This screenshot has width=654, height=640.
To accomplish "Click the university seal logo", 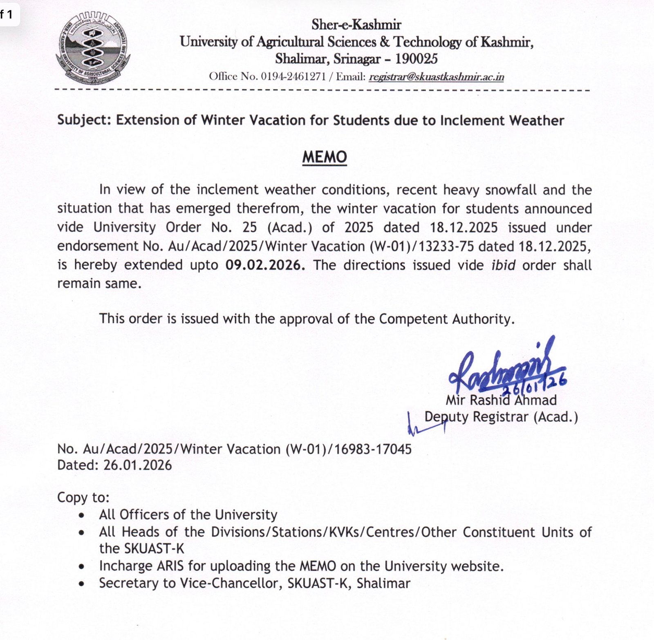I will click(x=93, y=48).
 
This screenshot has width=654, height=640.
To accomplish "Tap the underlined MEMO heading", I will click(x=325, y=157).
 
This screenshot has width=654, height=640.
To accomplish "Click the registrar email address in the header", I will click(x=436, y=77).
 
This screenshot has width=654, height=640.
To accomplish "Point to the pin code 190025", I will click(x=417, y=59).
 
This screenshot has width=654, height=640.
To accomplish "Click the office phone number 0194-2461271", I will click(x=293, y=77).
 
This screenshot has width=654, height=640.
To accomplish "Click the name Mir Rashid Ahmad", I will click(x=501, y=400).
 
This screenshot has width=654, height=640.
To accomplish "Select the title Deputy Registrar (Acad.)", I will click(x=501, y=417).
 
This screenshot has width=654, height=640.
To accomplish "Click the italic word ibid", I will click(x=503, y=265).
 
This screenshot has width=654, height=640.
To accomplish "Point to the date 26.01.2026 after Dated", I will click(x=137, y=465).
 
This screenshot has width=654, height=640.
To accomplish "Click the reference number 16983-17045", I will click(x=373, y=449).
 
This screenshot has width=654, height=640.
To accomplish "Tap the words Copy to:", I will click(x=83, y=497).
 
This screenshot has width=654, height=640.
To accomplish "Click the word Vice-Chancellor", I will click(x=244, y=583).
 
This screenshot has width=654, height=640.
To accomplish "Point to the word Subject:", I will click(x=84, y=120).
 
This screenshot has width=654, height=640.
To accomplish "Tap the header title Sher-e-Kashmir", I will click(x=356, y=25).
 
